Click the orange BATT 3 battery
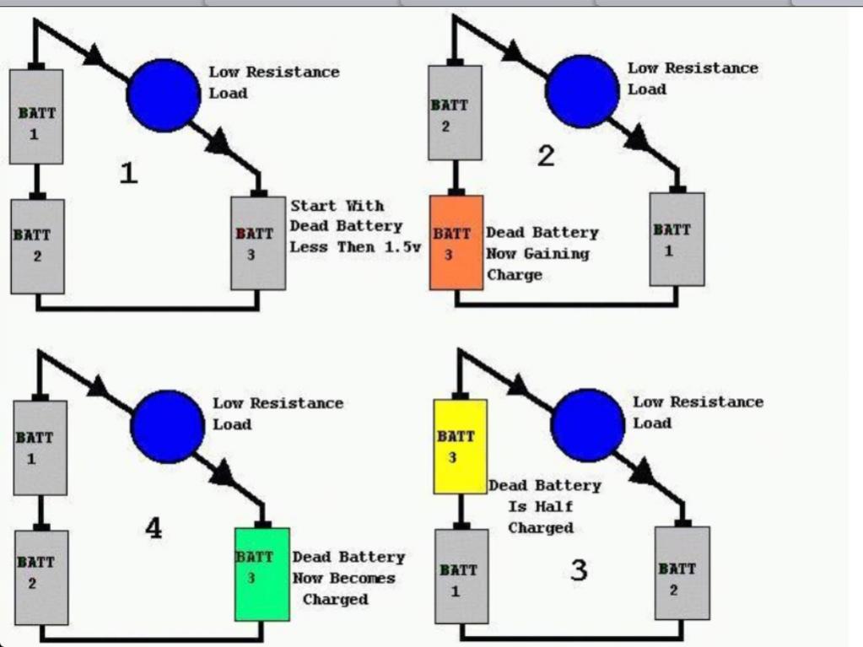pos(456,242)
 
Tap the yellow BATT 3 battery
pos(460,446)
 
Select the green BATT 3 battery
pos(262,574)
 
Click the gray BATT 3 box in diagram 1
pos(258,243)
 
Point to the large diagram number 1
pos(128,173)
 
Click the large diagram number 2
pos(546,156)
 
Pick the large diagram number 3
pos(579,570)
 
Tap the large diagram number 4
pos(154,528)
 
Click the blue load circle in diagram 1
pos(164,95)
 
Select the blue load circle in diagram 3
pos(588,425)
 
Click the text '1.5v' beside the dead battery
pos(402,247)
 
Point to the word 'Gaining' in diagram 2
pos(557,254)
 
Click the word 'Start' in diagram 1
pos(313,206)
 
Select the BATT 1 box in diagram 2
pos(677,240)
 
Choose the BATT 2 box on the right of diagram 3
pos(682,573)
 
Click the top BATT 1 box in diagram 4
pos(40,447)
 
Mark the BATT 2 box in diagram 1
pos(37,246)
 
